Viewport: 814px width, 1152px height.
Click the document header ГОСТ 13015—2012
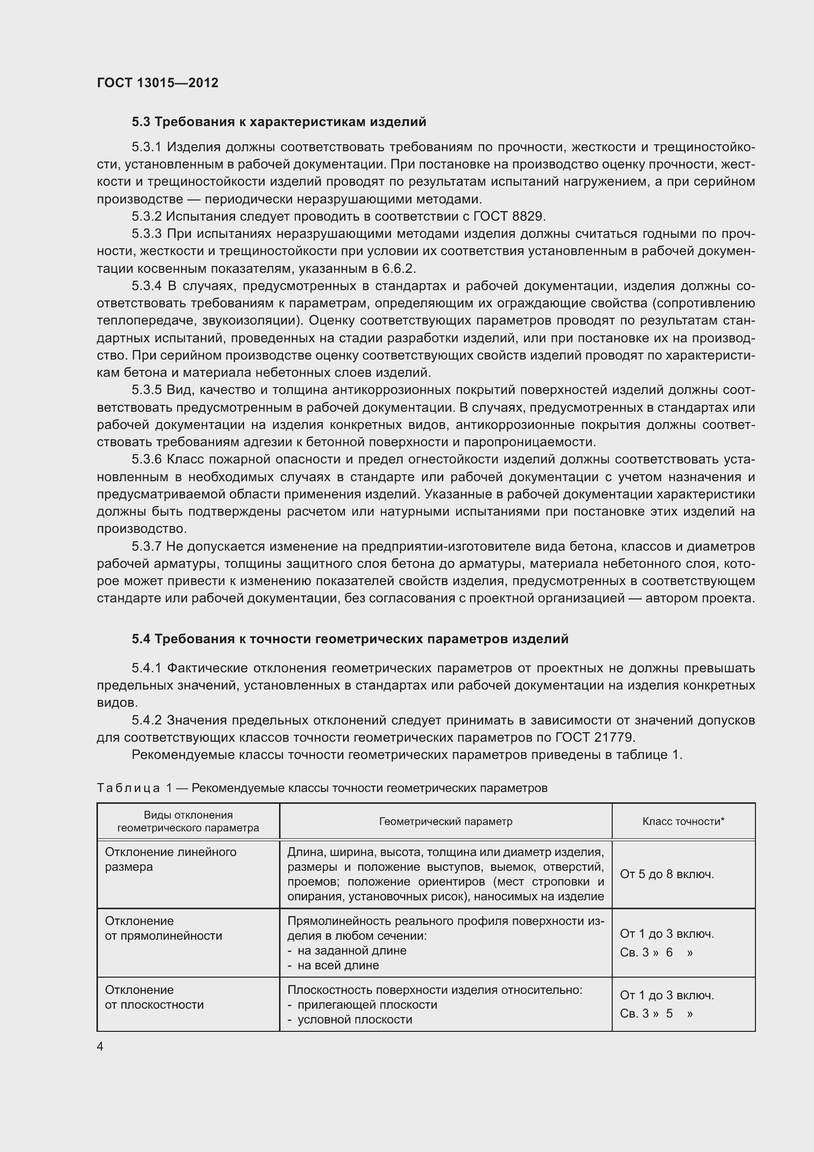[157, 83]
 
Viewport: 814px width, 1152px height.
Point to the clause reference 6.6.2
[398, 268]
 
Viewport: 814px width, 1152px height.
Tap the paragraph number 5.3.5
[147, 390]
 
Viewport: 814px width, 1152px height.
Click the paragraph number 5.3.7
[147, 546]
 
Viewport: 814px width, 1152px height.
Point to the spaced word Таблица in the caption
[128, 788]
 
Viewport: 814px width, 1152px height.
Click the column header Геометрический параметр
[445, 822]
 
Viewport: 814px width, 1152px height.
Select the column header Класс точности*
[683, 822]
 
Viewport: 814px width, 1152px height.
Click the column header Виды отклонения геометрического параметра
[188, 822]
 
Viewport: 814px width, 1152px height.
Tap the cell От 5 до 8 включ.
[667, 874]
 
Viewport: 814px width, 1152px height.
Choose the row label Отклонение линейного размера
[170, 859]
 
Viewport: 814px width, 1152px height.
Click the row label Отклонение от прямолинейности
[163, 928]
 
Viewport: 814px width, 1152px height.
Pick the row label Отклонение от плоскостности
[155, 997]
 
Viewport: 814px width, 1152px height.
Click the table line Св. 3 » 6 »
[656, 953]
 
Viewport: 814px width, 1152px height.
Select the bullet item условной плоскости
[354, 1020]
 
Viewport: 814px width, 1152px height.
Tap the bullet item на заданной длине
[351, 950]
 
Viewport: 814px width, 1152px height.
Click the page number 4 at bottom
[100, 1046]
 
